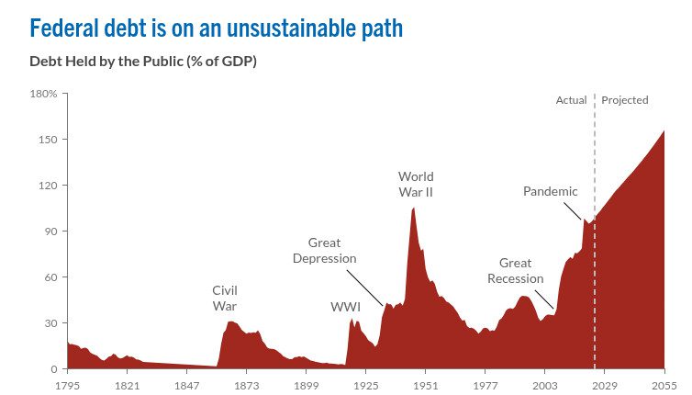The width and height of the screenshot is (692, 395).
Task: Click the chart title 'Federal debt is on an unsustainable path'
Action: (x=217, y=28)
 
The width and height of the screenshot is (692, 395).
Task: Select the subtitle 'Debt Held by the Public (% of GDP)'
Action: (x=142, y=62)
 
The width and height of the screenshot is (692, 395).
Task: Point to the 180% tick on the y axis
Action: (x=44, y=94)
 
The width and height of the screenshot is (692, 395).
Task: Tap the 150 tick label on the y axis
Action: (x=49, y=140)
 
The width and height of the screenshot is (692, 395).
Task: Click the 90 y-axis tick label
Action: (x=50, y=231)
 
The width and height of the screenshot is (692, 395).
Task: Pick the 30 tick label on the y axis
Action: (x=50, y=323)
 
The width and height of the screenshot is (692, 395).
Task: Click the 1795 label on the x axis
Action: (x=68, y=385)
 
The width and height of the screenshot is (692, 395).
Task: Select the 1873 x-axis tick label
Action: (x=246, y=385)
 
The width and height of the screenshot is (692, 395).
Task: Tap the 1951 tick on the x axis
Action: (x=425, y=385)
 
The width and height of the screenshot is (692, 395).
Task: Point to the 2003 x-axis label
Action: (x=544, y=385)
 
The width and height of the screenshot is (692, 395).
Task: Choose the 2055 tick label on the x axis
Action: (x=664, y=385)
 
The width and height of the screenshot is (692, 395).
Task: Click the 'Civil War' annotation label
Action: (x=225, y=298)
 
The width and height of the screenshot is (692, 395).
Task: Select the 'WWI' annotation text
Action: (x=345, y=306)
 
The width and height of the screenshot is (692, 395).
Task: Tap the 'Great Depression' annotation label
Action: (x=324, y=250)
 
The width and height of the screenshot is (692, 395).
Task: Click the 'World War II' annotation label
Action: (x=416, y=184)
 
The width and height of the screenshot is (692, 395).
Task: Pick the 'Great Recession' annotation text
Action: (x=516, y=271)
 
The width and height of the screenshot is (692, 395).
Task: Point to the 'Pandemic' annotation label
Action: (x=551, y=191)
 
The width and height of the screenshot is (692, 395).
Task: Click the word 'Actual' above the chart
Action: (x=571, y=100)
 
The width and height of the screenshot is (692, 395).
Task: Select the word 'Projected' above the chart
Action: (x=625, y=100)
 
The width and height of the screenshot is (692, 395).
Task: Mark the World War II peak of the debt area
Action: (x=413, y=209)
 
